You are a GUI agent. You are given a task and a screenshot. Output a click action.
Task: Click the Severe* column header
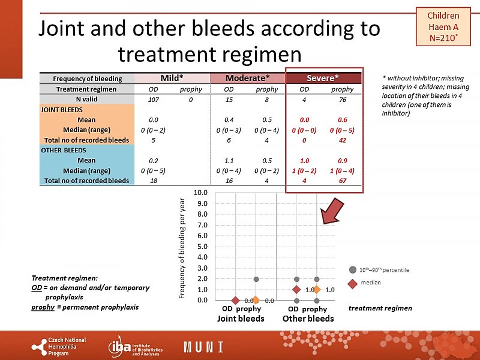pos(323,79)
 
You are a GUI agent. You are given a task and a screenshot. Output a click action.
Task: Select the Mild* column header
pos(172,79)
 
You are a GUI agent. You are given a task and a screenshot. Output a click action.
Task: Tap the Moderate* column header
pos(247,79)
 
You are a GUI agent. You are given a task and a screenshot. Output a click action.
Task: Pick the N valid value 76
pos(343,100)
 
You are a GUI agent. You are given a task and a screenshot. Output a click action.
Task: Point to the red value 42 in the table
pos(343,140)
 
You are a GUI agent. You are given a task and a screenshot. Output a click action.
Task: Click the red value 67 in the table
pos(343,181)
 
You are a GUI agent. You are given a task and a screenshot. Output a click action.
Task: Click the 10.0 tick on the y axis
pos(201,193)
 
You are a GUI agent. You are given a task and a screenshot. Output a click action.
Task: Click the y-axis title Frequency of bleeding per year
pos(182,248)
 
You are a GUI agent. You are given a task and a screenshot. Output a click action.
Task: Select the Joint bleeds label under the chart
pos(241,319)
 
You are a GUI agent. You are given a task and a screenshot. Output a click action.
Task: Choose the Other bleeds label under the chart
pos(308,319)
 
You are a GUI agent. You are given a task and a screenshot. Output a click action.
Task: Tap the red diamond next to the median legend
pos(353,282)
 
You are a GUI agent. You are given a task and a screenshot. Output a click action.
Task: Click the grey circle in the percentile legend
pos(353,269)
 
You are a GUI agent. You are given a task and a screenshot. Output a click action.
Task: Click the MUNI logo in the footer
pos(203,347)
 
